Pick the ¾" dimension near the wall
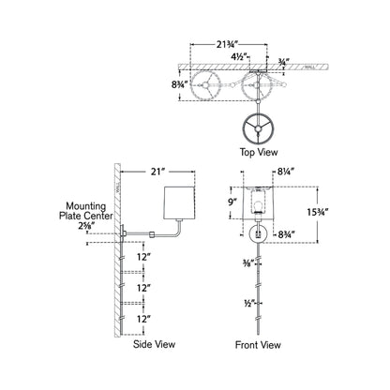(x=284, y=64)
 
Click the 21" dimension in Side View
(x=157, y=172)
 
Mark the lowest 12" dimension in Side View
(x=142, y=319)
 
